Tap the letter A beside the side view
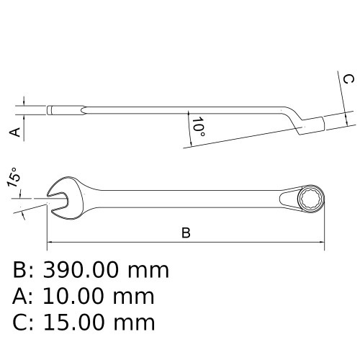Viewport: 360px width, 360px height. [13, 132]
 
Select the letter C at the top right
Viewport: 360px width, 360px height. [346, 79]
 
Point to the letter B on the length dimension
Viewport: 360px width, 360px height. [186, 233]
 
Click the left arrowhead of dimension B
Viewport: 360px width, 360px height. [50, 242]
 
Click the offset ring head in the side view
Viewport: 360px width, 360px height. [307, 124]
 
